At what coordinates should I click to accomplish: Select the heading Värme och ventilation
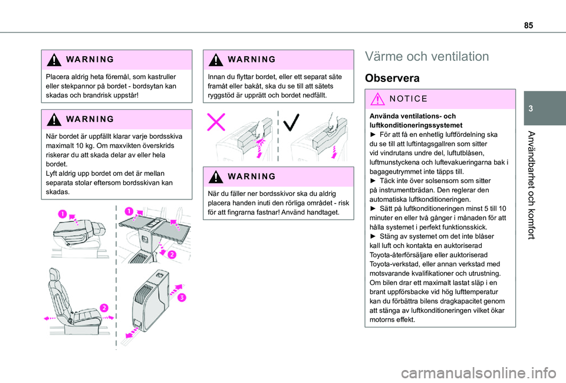coord(427,57)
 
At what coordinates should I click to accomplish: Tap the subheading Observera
coord(393,78)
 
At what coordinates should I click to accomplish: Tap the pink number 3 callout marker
coord(182,297)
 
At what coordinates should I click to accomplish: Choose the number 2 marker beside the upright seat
coord(104,307)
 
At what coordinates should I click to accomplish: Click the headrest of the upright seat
coord(56,277)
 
